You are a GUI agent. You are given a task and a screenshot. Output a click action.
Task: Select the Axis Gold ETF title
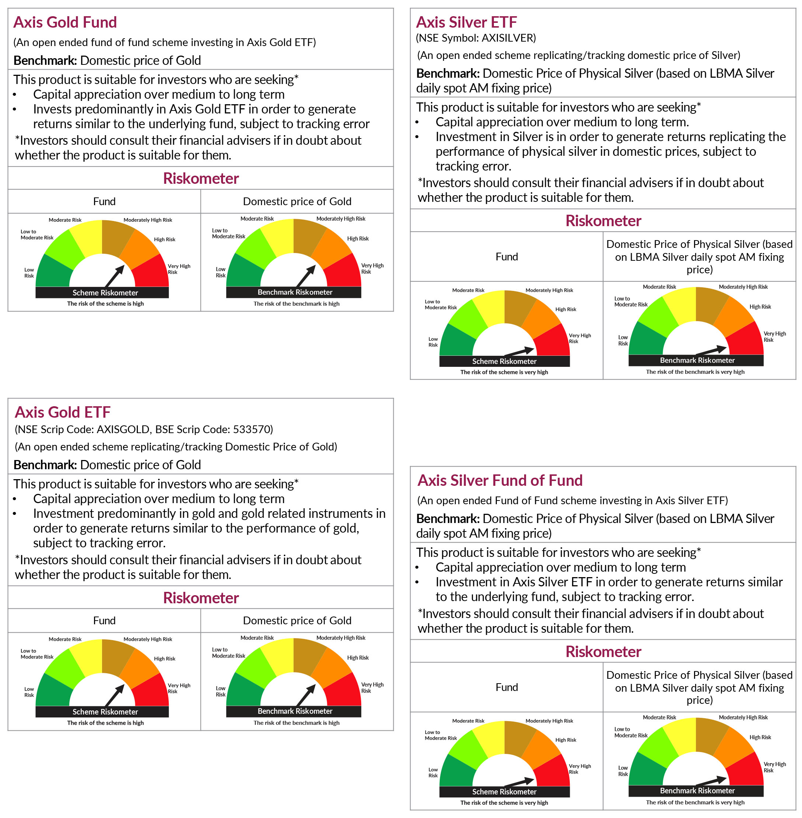[x=62, y=412]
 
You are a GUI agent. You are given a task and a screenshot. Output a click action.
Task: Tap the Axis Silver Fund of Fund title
[x=500, y=480]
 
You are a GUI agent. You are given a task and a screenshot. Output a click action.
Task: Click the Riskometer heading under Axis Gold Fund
[x=200, y=179]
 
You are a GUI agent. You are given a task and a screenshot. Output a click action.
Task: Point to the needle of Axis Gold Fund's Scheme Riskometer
[x=115, y=276]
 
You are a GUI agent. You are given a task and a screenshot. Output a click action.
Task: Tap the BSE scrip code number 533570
[x=251, y=429]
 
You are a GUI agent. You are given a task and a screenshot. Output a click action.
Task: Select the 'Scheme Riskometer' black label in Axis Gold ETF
[x=105, y=712]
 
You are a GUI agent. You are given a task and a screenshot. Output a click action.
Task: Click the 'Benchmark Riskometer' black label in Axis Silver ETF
[x=697, y=360]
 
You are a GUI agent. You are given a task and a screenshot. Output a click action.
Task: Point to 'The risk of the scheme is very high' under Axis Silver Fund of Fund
[x=504, y=803]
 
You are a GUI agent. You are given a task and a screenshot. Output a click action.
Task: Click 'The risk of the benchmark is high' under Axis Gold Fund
[x=296, y=303]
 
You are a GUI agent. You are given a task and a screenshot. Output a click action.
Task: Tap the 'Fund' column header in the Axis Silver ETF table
[x=506, y=257]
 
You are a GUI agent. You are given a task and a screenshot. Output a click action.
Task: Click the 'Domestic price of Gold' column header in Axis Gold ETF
[x=297, y=621]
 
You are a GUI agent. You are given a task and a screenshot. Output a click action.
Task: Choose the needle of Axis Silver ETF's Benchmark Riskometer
[x=712, y=350]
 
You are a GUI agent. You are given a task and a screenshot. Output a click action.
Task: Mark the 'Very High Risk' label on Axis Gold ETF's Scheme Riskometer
[x=179, y=688]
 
